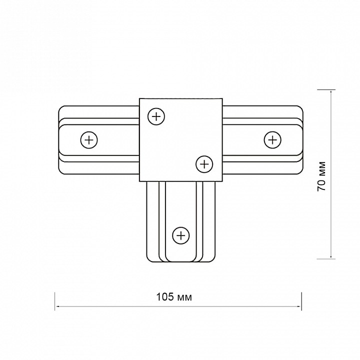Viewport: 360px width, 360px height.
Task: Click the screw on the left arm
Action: pyautogui.click(x=89, y=140)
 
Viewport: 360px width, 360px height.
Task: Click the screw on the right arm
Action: pyautogui.click(x=272, y=140)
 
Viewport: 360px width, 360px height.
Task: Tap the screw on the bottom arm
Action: pyautogui.click(x=181, y=235)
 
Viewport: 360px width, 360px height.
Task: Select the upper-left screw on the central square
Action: pyautogui.click(x=156, y=116)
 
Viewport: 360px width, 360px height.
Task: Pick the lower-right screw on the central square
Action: pyautogui.click(x=204, y=164)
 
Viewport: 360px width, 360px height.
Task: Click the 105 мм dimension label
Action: pyautogui.click(x=174, y=297)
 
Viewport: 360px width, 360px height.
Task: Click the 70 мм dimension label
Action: pyautogui.click(x=321, y=176)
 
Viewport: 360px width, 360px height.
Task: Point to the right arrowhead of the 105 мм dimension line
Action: pyautogui.click(x=299, y=306)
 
